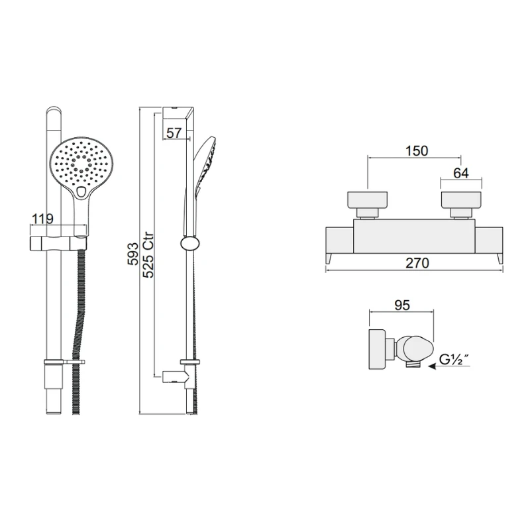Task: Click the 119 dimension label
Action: click(x=42, y=219)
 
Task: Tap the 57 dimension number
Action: click(x=174, y=133)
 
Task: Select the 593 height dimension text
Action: click(x=133, y=254)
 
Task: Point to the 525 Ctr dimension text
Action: click(x=148, y=255)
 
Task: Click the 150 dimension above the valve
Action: click(x=417, y=151)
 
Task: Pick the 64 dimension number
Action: click(x=461, y=173)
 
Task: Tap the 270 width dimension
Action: click(x=417, y=262)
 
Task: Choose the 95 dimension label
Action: click(x=402, y=305)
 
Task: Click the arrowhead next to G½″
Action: click(x=433, y=366)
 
